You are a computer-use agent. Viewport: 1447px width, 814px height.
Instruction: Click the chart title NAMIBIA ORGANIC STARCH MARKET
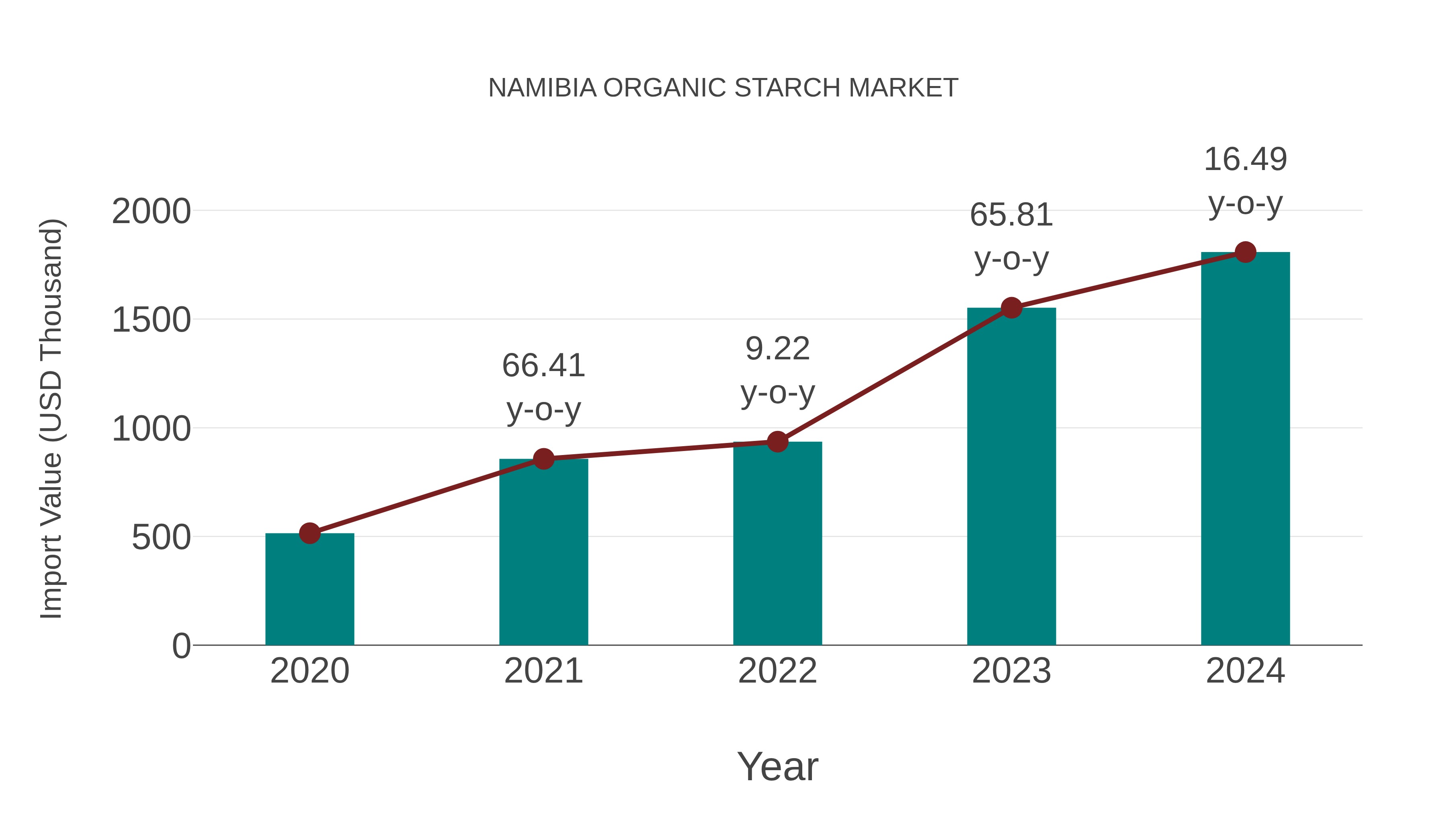point(723,88)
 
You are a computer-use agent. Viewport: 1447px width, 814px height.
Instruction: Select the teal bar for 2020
point(309,590)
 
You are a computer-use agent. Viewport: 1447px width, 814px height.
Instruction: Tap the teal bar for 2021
point(543,554)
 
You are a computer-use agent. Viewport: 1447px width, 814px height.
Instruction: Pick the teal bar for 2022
point(777,545)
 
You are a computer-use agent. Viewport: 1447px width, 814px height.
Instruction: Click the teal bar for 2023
point(1011,478)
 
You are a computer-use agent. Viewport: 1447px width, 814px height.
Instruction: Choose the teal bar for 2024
point(1245,449)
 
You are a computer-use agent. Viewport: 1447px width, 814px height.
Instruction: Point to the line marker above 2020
point(309,533)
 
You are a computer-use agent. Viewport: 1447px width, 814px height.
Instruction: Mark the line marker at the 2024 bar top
point(1245,252)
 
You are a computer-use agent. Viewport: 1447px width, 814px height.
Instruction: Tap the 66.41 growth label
point(543,366)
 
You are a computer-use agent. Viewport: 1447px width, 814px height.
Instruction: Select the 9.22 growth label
point(777,349)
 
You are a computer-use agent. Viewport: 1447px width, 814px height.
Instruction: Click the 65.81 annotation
point(1011,216)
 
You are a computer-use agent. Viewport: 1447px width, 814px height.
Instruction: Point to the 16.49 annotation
point(1245,160)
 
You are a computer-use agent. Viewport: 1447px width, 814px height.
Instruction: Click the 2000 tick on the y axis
point(151,212)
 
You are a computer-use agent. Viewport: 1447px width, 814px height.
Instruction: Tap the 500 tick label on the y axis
point(161,538)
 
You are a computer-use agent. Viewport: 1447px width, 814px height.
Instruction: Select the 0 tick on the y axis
point(181,646)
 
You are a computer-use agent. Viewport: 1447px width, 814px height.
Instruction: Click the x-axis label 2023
point(1011,671)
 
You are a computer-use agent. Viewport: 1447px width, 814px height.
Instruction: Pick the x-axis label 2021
point(543,671)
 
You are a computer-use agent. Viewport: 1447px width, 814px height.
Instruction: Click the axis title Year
point(777,767)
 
